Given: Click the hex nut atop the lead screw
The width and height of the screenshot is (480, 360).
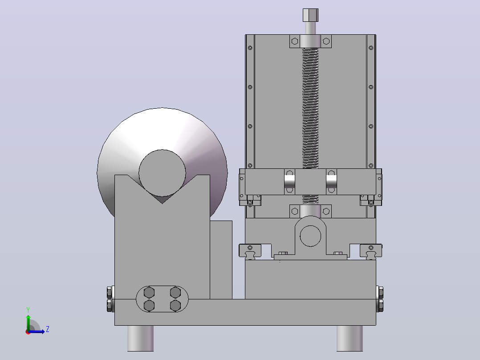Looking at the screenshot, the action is pos(310,15).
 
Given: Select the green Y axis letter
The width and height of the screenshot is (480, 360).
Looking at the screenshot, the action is pos(28,310).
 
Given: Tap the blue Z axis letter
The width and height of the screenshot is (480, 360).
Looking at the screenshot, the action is pos(48,329).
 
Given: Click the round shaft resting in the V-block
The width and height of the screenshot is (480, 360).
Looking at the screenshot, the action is pos(162,173).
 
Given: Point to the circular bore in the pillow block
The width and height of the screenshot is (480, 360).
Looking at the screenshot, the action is pos(310,236).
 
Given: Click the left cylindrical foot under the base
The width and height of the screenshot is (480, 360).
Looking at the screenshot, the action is pos(141,338).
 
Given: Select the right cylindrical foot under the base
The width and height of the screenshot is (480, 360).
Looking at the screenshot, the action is pos(350,338).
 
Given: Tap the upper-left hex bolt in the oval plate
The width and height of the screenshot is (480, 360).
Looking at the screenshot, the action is pos(149,293).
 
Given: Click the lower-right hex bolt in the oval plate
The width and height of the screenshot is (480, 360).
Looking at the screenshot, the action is pos(175,306).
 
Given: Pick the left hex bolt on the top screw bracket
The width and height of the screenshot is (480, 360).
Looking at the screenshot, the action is pos(295,41).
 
